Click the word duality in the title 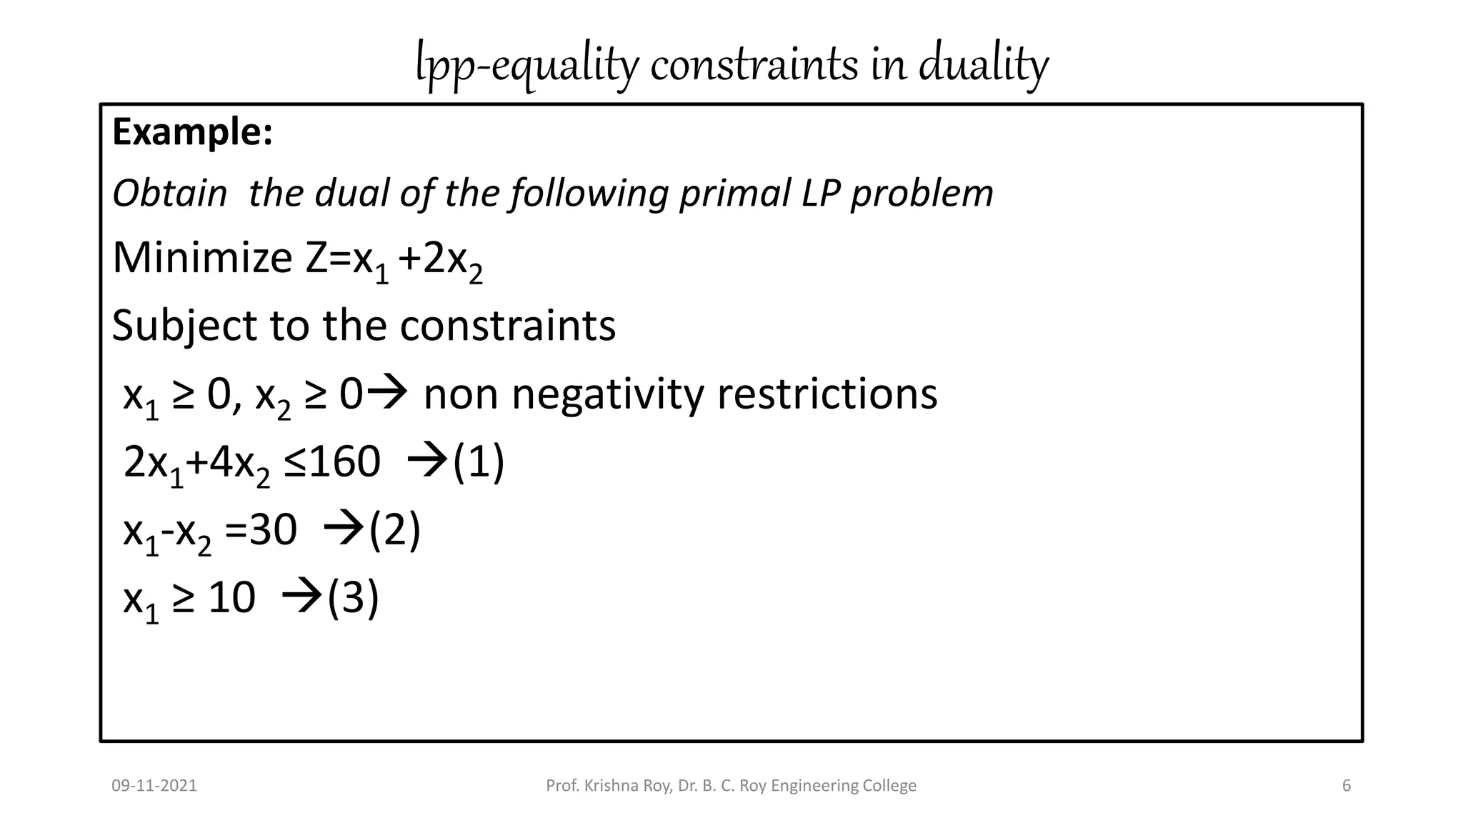[x=983, y=64]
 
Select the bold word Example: [x=192, y=132]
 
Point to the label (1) [x=479, y=462]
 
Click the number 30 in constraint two [x=273, y=531]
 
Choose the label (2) [x=394, y=531]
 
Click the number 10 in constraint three [x=231, y=598]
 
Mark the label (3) [x=353, y=598]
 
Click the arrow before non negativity [x=389, y=392]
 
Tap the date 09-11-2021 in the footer [x=154, y=786]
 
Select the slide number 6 [x=1347, y=786]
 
